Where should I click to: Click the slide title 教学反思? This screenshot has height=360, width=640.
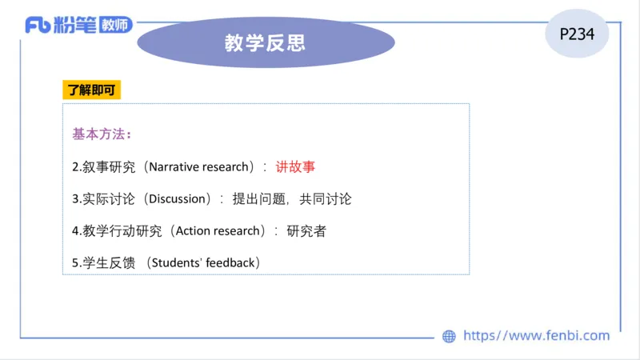[265, 42]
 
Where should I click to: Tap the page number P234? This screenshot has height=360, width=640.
[576, 34]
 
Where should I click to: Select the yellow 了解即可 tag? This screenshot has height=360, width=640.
[91, 90]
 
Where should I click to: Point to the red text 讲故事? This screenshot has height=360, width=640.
[296, 166]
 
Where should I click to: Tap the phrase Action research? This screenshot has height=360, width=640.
[218, 230]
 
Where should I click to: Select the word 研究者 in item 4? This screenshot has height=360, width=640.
[306, 230]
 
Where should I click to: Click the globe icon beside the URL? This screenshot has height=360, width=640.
[449, 337]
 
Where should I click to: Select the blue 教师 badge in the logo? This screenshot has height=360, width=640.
[117, 25]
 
